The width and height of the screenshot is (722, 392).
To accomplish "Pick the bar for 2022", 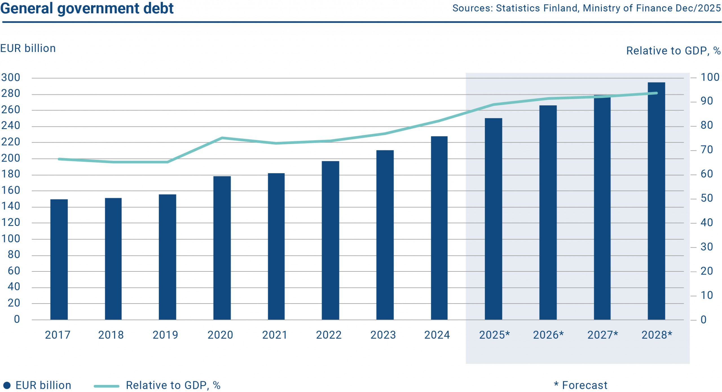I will pos(331,240).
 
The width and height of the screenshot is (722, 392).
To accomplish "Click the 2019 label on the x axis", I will pos(165,335).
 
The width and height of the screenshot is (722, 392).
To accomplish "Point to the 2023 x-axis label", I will pos(383,335).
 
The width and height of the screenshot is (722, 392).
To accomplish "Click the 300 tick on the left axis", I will pos(11,77).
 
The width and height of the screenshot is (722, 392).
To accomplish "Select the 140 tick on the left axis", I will pos(11,206).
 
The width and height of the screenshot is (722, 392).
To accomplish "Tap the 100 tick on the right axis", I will pos(710,77).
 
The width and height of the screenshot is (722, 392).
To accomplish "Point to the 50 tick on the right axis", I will pos(707,198).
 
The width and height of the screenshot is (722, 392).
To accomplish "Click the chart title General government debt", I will pos(87,8).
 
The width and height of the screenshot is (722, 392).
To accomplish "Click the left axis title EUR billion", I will pos(28,49).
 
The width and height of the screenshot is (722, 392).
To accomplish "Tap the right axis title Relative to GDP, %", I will pos(673,51).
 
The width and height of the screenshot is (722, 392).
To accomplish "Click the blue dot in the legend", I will pos(7,385).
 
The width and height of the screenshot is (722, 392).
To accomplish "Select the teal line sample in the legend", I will pos(107,386).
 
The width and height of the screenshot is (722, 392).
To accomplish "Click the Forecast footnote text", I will pos(584,385).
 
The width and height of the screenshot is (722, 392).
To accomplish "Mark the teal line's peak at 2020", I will pos(222,138).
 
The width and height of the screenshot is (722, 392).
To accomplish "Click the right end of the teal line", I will pos(657,93).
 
